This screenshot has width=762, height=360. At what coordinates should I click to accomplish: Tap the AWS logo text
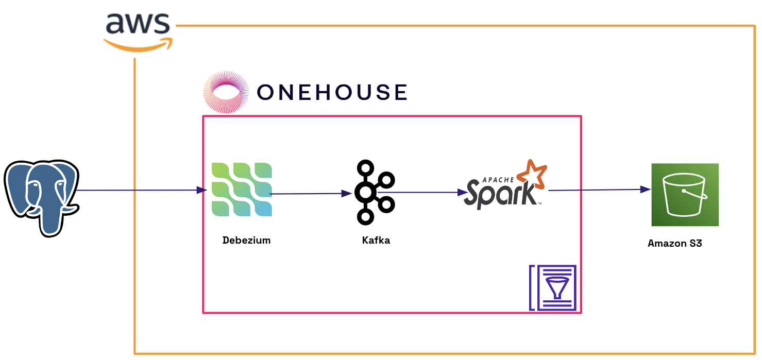[138, 23]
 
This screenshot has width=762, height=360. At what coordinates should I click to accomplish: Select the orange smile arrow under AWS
[138, 45]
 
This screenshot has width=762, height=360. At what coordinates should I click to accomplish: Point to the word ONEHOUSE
[332, 92]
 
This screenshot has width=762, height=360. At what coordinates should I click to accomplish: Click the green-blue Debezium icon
[242, 190]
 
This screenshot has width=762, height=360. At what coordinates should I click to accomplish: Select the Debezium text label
[246, 240]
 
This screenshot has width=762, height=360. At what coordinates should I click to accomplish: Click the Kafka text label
[376, 240]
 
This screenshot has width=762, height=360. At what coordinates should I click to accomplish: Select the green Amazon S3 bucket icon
[685, 195]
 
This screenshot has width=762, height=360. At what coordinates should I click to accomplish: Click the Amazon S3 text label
[674, 243]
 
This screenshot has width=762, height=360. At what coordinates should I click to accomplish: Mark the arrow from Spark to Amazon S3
[598, 190]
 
